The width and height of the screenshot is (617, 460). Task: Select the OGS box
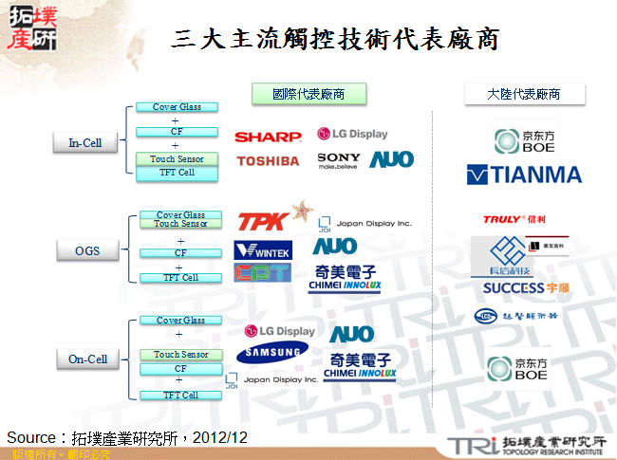pos(87,251)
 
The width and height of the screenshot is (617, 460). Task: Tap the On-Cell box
pos(87,359)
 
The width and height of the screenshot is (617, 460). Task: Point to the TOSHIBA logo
pos(268,161)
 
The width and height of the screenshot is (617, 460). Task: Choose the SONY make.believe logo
pos(339,159)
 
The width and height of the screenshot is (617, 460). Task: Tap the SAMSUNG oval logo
pos(272,353)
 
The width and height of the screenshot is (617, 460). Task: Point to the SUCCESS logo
pos(527,288)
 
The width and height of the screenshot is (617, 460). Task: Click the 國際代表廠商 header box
pos(308,94)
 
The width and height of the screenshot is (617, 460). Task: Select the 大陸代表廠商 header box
pos(524,94)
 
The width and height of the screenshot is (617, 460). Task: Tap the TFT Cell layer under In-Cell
pos(178,173)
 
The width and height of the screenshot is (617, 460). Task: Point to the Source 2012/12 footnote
pos(127,437)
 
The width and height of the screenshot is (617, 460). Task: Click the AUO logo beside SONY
pos(391,159)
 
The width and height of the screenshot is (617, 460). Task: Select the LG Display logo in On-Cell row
pos(279,331)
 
